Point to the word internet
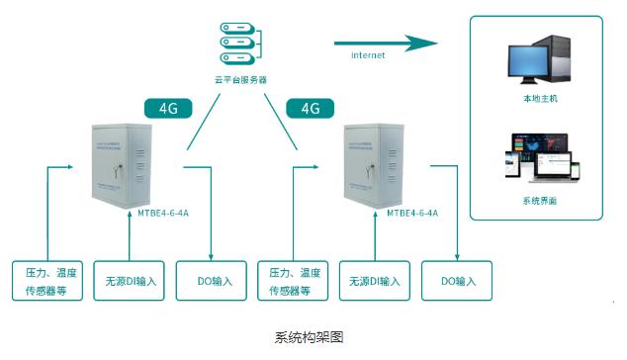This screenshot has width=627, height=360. click(x=368, y=55)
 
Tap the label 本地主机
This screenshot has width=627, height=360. click(x=540, y=100)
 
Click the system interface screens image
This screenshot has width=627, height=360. click(x=540, y=158)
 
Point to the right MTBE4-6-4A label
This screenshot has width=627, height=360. click(x=412, y=212)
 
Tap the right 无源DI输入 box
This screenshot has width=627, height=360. click(x=375, y=280)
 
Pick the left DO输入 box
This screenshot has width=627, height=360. click(x=209, y=280)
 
